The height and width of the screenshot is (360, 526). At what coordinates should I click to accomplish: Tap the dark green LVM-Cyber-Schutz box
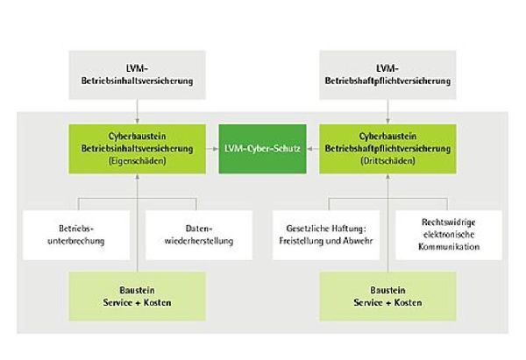click(263, 150)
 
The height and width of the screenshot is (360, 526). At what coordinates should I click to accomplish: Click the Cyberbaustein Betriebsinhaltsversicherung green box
click(137, 149)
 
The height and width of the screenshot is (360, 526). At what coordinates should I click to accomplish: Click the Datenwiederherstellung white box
click(195, 234)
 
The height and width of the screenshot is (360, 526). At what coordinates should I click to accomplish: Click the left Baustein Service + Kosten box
click(137, 295)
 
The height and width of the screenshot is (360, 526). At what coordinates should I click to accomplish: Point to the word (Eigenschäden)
click(137, 161)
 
